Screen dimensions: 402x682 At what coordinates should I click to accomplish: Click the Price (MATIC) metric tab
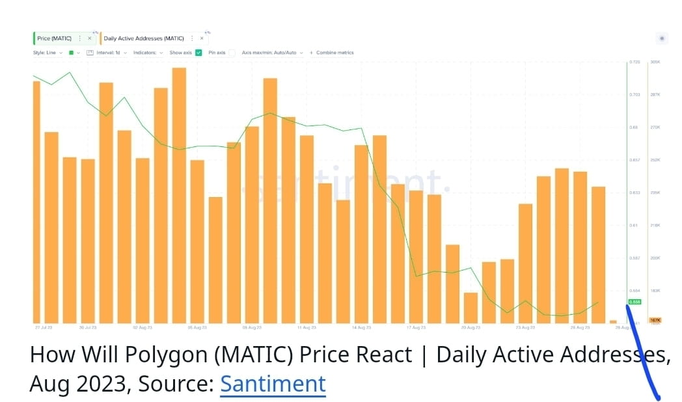point(54,38)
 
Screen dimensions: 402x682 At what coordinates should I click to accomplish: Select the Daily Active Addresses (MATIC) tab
point(144,38)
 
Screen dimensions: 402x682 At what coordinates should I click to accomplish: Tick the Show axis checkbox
point(198,53)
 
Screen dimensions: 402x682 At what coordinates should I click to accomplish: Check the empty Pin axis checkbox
point(232,53)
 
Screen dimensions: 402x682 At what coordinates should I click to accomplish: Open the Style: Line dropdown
point(48,53)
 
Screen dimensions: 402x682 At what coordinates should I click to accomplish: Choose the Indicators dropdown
point(148,53)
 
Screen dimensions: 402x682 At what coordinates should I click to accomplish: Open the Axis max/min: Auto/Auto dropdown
point(271,53)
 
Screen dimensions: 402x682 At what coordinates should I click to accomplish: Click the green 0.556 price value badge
point(634,302)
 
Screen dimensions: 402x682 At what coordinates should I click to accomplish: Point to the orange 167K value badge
point(655,320)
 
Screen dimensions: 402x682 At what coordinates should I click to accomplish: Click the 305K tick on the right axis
point(655,62)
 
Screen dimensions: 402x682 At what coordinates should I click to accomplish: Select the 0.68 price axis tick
point(634,127)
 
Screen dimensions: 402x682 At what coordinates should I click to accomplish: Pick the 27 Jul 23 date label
point(44,328)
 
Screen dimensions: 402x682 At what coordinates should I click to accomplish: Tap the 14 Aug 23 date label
point(361,328)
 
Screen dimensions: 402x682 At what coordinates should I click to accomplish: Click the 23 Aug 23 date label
point(525,328)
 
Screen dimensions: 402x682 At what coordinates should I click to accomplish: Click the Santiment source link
point(273,384)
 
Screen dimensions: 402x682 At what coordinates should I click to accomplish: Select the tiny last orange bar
point(613,321)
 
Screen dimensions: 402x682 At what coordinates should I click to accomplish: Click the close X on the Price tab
point(89,38)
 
